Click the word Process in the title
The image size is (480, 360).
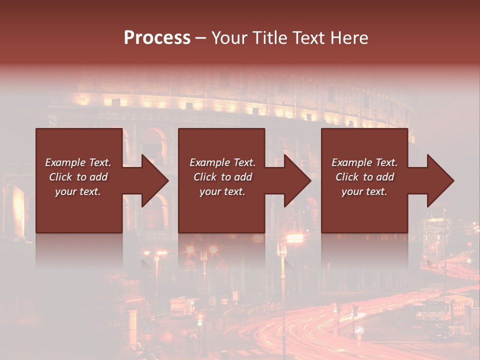[157, 38]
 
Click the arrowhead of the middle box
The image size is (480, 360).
[297, 180]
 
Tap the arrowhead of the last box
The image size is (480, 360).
[440, 180]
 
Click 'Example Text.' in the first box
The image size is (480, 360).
[78, 162]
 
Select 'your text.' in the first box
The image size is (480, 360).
[78, 191]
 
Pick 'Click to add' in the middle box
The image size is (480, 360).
[222, 177]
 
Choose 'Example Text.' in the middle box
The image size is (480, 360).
[222, 162]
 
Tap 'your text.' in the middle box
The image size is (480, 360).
[222, 191]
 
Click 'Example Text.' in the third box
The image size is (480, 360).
[364, 162]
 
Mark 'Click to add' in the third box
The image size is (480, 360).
[364, 177]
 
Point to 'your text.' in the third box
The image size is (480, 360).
[364, 191]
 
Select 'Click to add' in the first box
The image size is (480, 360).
[78, 177]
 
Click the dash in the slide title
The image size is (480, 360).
[201, 38]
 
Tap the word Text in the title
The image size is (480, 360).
[305, 38]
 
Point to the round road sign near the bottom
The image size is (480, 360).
[359, 330]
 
